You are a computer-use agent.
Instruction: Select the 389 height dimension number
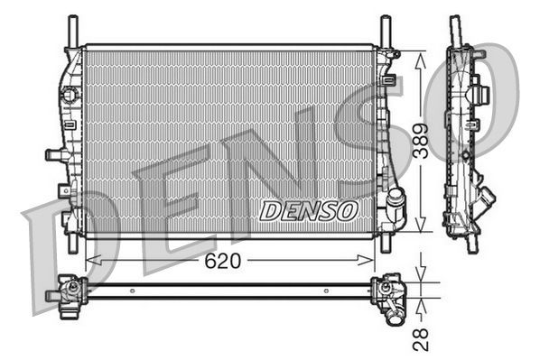[x=421, y=141]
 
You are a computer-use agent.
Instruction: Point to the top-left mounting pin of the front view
[x=70, y=29]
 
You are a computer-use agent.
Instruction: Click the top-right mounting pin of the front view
[x=386, y=29]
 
